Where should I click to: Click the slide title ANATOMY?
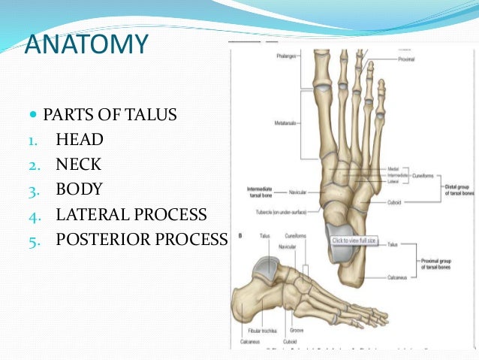point(86,45)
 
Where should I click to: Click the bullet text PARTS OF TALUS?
point(110,115)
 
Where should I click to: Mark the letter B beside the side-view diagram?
point(239,235)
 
